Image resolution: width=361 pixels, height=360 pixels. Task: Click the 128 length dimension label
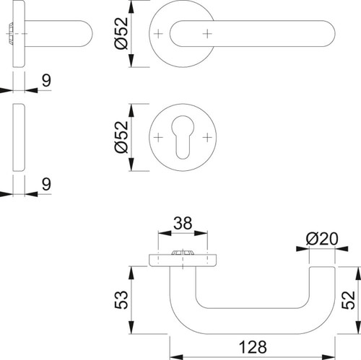click(x=253, y=347)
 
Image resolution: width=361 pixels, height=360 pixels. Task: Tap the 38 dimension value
click(x=183, y=223)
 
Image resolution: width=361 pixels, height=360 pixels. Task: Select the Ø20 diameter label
click(x=322, y=239)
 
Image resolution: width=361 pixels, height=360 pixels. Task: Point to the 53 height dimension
click(x=121, y=299)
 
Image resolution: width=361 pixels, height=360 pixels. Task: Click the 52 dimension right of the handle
click(x=348, y=300)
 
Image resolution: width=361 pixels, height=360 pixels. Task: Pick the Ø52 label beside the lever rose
click(x=121, y=33)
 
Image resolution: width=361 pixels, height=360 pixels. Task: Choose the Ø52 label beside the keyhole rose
click(x=121, y=137)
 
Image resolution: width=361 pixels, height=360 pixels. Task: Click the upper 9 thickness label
click(x=46, y=80)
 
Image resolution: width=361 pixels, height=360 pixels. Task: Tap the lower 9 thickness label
click(x=46, y=184)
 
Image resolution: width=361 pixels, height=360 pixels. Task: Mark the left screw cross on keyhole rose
click(x=158, y=138)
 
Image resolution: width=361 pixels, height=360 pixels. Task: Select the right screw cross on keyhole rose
click(x=207, y=138)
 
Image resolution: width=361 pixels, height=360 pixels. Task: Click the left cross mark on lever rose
click(x=158, y=34)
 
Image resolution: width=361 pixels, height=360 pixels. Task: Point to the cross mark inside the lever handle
click(x=207, y=34)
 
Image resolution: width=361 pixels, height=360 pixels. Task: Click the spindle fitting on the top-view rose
click(x=183, y=253)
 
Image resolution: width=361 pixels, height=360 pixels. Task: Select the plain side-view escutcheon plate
click(x=19, y=137)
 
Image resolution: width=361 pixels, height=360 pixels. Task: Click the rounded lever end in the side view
click(x=86, y=33)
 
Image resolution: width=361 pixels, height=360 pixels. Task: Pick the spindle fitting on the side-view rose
click(x=10, y=33)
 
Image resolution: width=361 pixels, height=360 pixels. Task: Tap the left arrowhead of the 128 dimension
click(x=176, y=357)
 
